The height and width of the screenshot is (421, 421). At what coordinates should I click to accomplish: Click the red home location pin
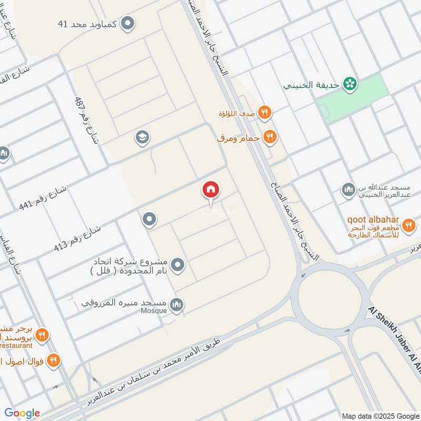coord(211,190)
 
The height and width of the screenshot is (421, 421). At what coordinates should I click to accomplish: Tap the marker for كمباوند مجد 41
coord(127,24)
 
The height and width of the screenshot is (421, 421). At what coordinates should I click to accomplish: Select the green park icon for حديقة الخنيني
coord(348,83)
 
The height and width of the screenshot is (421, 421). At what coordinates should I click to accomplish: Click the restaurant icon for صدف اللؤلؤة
coord(265,113)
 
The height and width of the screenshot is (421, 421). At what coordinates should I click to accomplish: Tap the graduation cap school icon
coord(142,138)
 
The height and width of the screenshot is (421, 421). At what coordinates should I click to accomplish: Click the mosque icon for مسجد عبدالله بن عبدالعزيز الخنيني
coord(348,189)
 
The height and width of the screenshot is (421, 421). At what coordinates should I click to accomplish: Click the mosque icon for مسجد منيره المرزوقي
coord(177,304)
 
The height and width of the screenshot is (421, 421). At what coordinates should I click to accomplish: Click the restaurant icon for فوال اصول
coord(53,360)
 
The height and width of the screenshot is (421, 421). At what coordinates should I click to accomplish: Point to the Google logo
coord(22,413)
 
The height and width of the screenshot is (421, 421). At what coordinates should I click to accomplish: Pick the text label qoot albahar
coord(373,220)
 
